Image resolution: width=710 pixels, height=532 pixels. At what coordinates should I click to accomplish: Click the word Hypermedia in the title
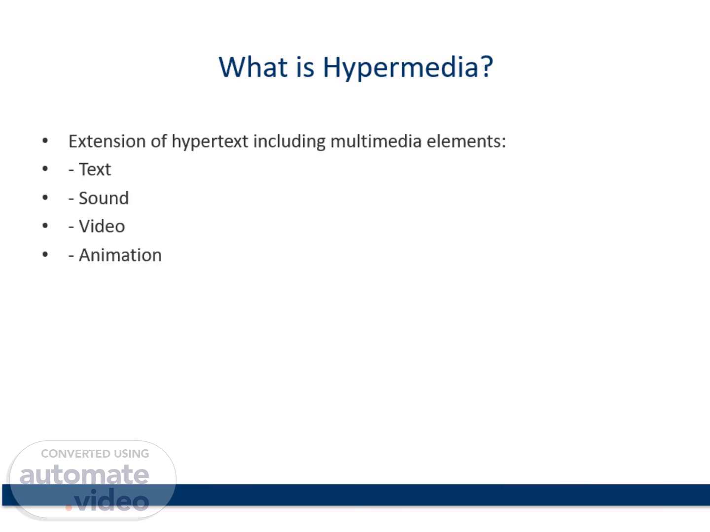pos(400,68)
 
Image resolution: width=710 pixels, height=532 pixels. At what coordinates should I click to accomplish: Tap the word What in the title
pos(253,66)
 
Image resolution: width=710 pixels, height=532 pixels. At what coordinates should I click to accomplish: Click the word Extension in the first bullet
pos(107,141)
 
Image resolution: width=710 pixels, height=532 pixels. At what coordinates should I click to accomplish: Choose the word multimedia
pos(376,141)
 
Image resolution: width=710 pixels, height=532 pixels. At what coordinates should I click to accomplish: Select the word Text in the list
pos(95,169)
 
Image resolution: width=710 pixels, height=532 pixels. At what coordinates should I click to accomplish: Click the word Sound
pos(104,198)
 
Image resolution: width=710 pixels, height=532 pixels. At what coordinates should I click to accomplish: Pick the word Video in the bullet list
pos(102,226)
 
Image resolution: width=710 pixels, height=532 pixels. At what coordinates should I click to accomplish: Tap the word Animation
pos(120,255)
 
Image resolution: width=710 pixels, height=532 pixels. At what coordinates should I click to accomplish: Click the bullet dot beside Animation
pos(45,255)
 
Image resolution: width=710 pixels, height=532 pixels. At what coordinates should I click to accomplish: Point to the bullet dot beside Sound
pos(45,198)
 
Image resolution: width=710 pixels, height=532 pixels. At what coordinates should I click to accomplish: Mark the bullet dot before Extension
pos(45,140)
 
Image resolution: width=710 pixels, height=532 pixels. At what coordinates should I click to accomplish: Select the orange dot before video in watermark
pos(69,508)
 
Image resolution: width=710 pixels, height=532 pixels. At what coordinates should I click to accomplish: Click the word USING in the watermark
pos(131,454)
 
